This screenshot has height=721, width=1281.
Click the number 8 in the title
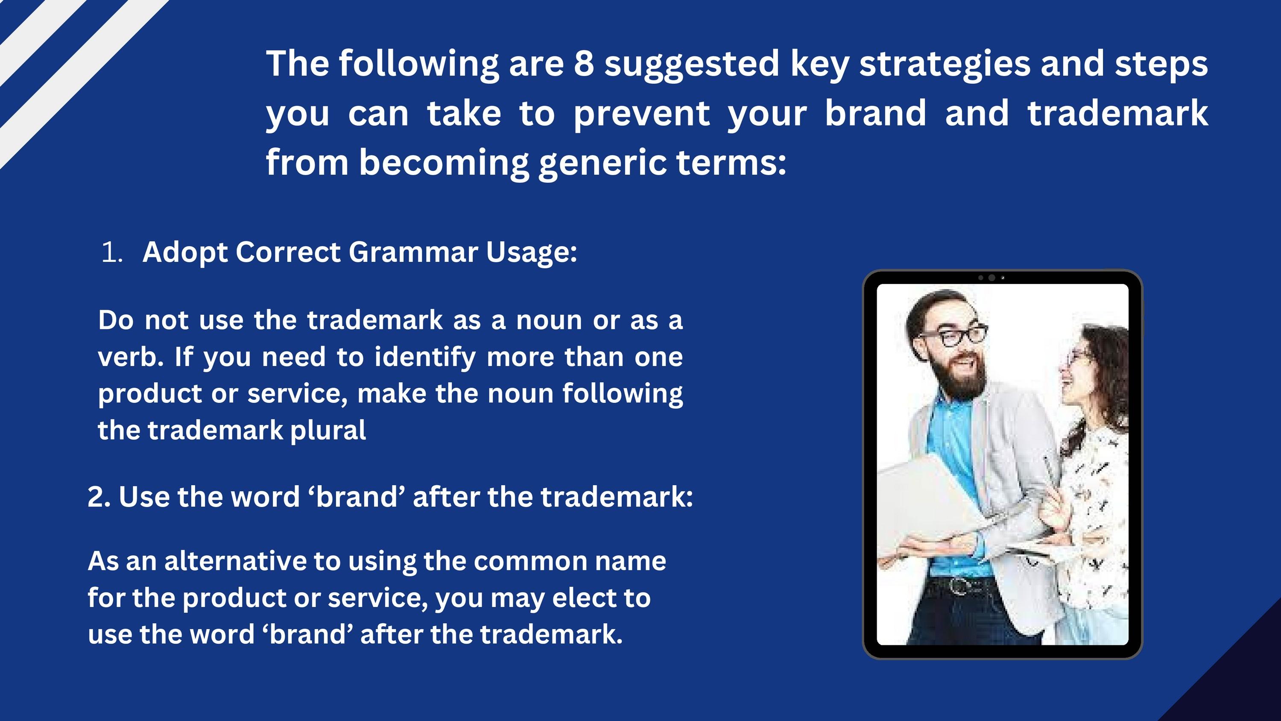(584, 64)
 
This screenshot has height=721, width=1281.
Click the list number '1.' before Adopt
(112, 253)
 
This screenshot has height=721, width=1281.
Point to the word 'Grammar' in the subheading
(413, 252)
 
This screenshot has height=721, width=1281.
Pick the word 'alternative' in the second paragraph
(235, 561)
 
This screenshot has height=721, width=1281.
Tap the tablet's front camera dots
(991, 278)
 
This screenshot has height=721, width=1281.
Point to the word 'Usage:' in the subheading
(532, 253)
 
